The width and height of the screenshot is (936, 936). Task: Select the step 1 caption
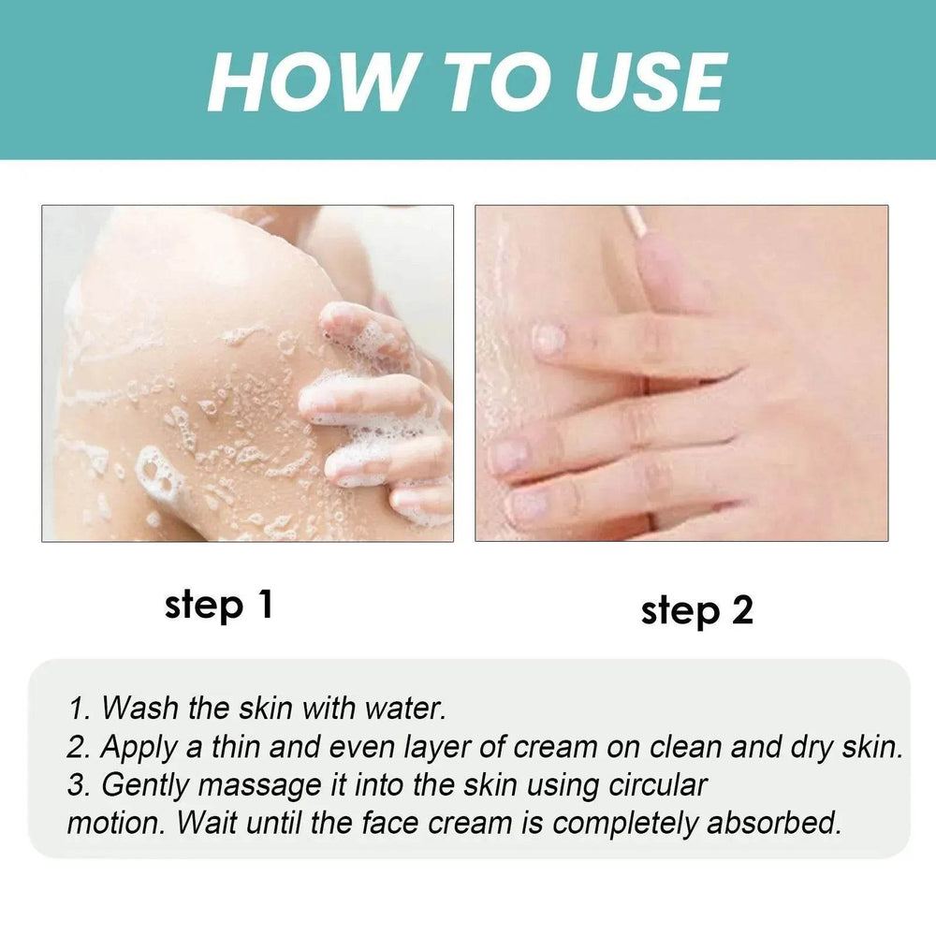[218, 605]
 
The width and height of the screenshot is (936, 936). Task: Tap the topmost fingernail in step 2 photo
[549, 338]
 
